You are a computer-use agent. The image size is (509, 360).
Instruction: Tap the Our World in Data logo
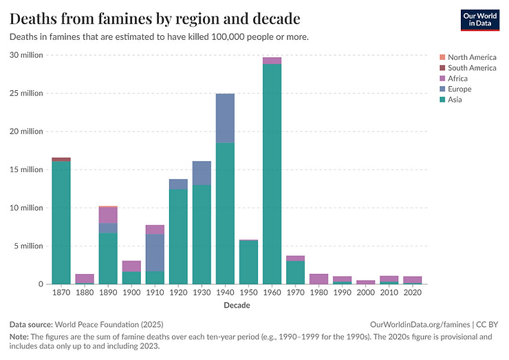tap(479, 19)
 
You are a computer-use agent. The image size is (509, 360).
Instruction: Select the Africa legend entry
tap(457, 78)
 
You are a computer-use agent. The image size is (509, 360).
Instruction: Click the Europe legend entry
tap(459, 89)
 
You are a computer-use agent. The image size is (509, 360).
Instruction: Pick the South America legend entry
tap(471, 68)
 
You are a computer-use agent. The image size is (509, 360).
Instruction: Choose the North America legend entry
tap(471, 57)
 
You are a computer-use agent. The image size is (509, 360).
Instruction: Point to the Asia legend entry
tap(455, 100)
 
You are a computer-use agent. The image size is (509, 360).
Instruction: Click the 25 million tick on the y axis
tap(26, 93)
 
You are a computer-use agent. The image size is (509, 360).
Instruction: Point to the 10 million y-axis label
tap(26, 208)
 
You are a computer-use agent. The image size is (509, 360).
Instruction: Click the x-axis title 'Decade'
tap(237, 306)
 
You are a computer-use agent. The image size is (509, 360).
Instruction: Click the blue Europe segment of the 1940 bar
tap(225, 118)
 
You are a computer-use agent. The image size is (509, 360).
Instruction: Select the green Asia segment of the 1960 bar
tap(272, 172)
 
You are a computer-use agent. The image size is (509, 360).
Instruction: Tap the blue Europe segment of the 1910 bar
tap(155, 252)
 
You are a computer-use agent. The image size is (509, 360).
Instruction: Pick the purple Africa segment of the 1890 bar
tap(108, 215)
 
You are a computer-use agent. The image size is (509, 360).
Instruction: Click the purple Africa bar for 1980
tap(318, 279)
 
